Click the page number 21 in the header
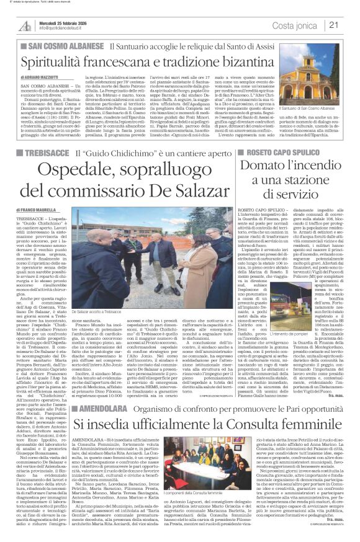(x=350, y=25)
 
